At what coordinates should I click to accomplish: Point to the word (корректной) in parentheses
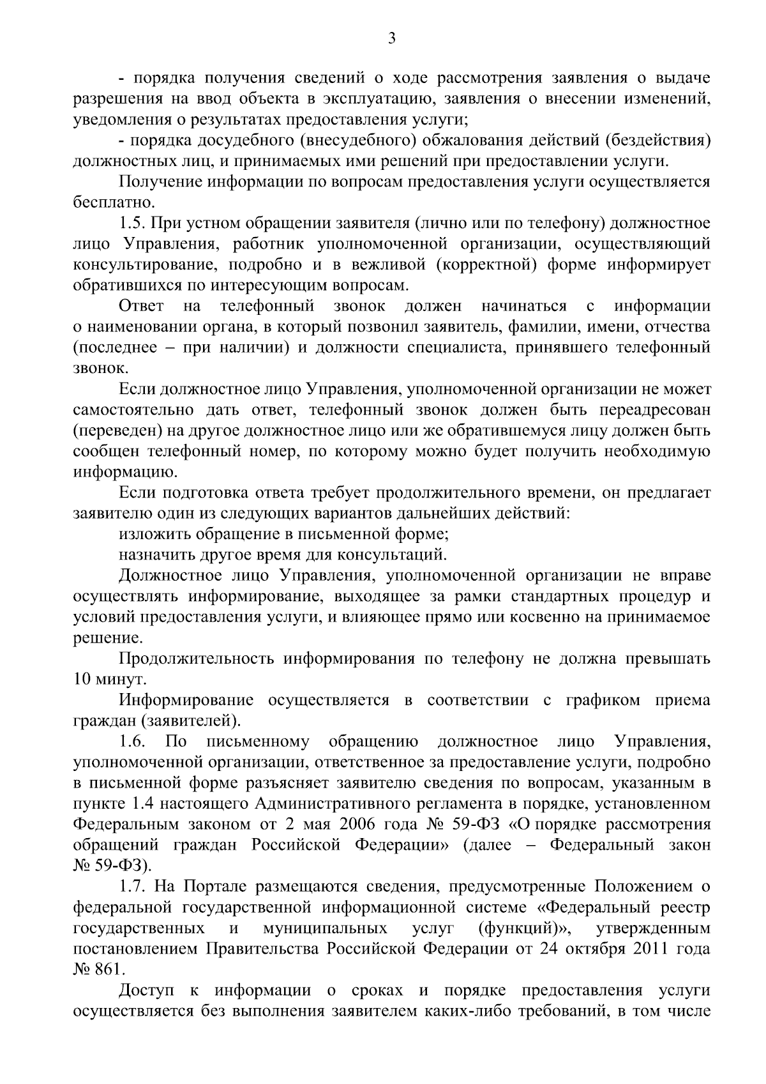(x=488, y=265)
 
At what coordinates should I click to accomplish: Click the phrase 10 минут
(x=101, y=679)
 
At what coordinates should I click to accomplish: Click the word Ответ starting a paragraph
(x=142, y=307)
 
